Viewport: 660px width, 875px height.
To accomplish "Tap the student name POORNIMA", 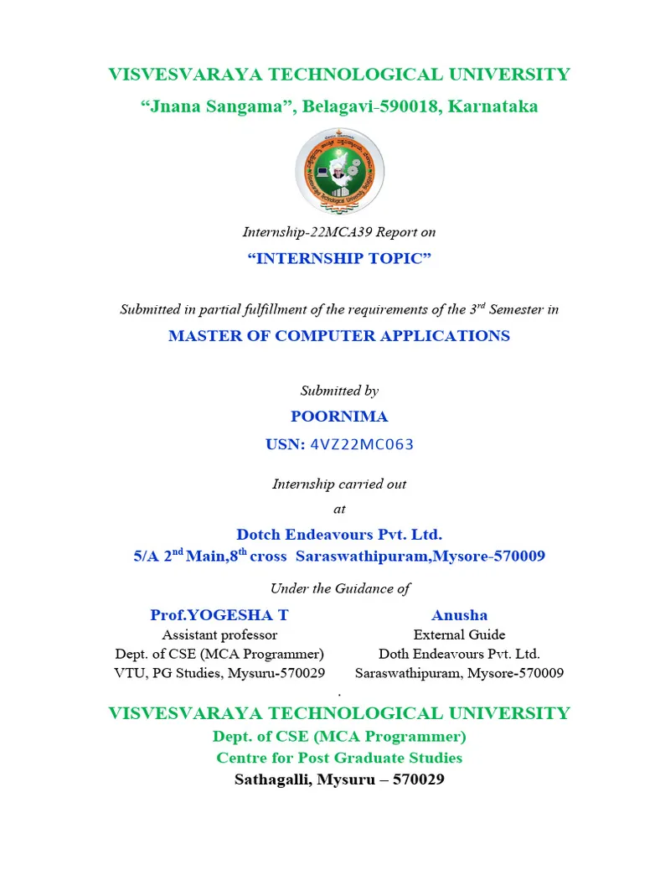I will [x=339, y=417].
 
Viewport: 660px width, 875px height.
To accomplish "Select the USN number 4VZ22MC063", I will [x=362, y=444].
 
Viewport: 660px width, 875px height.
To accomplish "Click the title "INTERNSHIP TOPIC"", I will [x=339, y=258].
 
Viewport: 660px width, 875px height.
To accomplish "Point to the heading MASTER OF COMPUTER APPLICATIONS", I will [x=339, y=336].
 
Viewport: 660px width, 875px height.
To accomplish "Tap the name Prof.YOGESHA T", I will [x=219, y=615].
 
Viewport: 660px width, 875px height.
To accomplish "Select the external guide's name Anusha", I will [x=459, y=615].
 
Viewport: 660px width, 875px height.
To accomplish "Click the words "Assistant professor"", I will [x=219, y=634].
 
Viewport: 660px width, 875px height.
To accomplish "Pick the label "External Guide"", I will [x=459, y=634].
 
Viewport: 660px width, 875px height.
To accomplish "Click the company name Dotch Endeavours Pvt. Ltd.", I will [x=339, y=534].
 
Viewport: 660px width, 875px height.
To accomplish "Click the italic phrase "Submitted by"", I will [x=339, y=391].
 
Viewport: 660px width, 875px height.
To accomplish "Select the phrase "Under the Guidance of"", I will [x=339, y=588].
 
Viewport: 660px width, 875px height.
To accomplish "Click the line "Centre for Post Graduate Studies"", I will [x=339, y=758].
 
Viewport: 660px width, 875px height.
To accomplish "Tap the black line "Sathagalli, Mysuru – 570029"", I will [x=339, y=779].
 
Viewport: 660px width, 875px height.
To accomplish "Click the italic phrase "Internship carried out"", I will [x=339, y=484].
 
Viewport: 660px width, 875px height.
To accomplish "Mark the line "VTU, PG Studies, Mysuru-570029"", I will [x=219, y=672].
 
